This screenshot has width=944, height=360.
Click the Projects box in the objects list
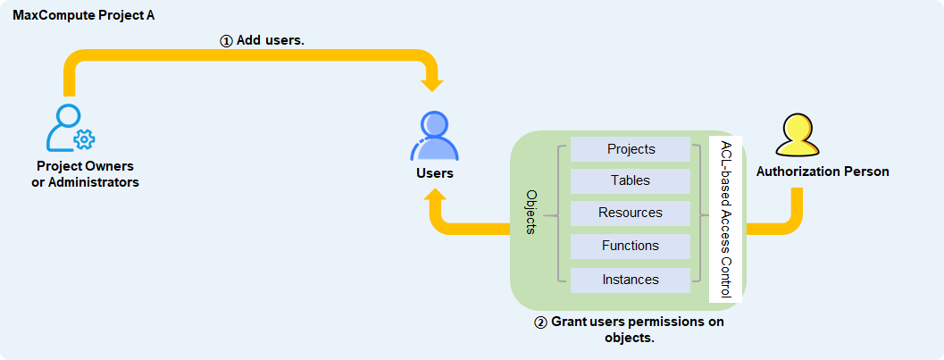coord(631,149)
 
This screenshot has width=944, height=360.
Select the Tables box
coord(631,180)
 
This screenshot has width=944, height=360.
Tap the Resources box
coord(631,213)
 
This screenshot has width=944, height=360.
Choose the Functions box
coord(631,246)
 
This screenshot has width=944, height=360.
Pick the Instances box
coord(631,280)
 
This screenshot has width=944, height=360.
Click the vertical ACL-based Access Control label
coord(726,219)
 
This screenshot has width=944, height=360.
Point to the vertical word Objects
coord(531,213)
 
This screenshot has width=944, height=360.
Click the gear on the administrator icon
coord(85,139)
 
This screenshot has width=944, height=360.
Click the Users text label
coord(435,173)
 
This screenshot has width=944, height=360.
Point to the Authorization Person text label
coord(823,172)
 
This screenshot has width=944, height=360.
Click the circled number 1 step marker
coord(226,41)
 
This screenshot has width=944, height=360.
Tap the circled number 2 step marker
coord(540,322)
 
